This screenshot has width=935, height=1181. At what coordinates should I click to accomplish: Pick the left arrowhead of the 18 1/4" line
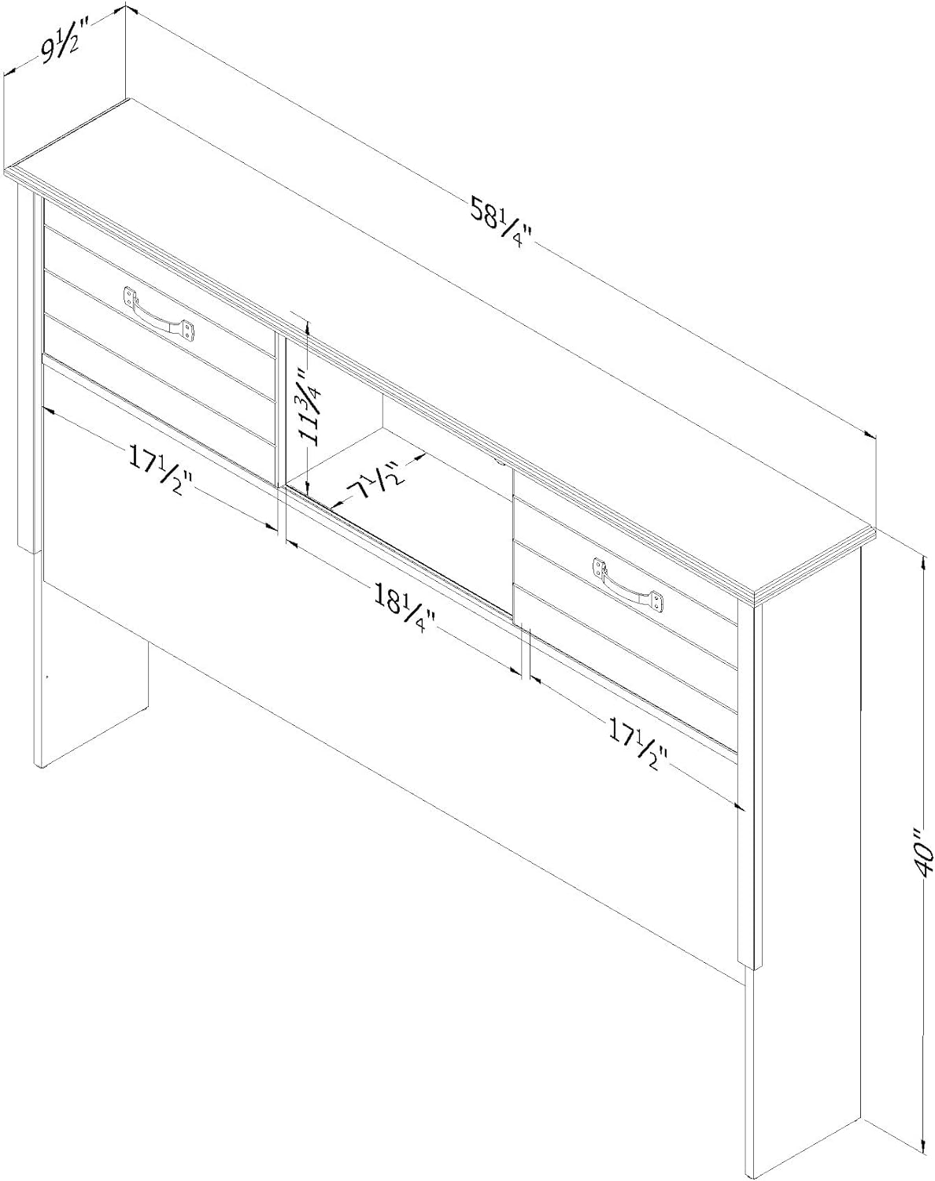pos(290,543)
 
